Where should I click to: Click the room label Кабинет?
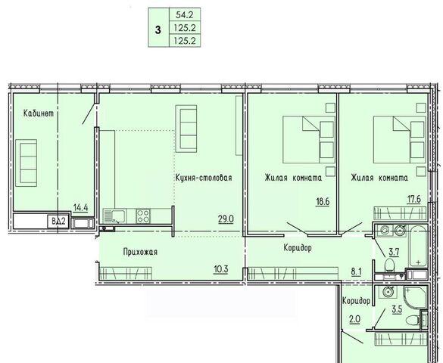tap(39, 113)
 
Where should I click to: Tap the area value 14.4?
tap(80, 208)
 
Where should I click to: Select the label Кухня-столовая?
tap(204, 178)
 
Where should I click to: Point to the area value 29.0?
tap(226, 219)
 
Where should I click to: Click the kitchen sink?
tap(114, 216)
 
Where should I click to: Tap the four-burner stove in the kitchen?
tap(142, 216)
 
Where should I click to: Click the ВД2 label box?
tap(59, 221)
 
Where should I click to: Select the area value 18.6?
tap(323, 202)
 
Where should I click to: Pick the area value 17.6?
tap(413, 199)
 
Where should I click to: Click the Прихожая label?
tap(140, 252)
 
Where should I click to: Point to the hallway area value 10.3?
tap(221, 269)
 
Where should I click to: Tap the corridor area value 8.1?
tap(356, 271)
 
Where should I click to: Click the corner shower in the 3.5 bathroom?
tap(415, 299)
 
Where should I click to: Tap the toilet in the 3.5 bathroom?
tap(413, 321)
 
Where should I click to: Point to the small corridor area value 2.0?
tap(354, 319)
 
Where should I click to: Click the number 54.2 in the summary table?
tap(184, 14)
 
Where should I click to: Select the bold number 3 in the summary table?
tap(158, 29)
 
